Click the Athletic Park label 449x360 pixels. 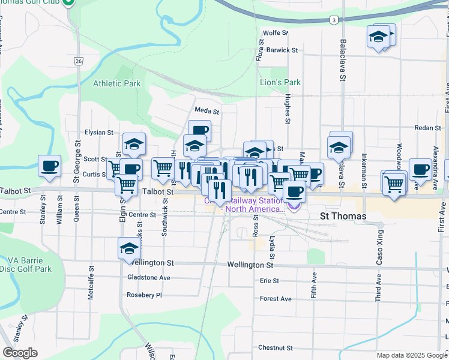[x=116, y=83]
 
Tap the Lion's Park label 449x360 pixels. [x=280, y=82]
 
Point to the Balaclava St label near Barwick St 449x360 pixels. [x=343, y=61]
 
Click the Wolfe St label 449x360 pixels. [x=276, y=33]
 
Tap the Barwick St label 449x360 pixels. [x=282, y=50]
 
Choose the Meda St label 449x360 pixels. [x=207, y=111]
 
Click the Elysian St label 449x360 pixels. [x=99, y=132]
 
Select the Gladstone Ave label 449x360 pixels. [x=149, y=278]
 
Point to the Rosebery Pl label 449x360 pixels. [x=145, y=295]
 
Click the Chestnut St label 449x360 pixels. [x=275, y=347]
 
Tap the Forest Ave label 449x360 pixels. [x=276, y=299]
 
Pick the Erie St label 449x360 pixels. [x=269, y=281]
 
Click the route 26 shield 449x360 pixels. [x=79, y=61]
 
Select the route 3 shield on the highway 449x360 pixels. [x=332, y=20]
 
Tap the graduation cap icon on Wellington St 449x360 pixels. [x=128, y=249]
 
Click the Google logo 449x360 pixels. [x=20, y=353]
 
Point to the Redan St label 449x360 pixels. [x=428, y=128]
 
